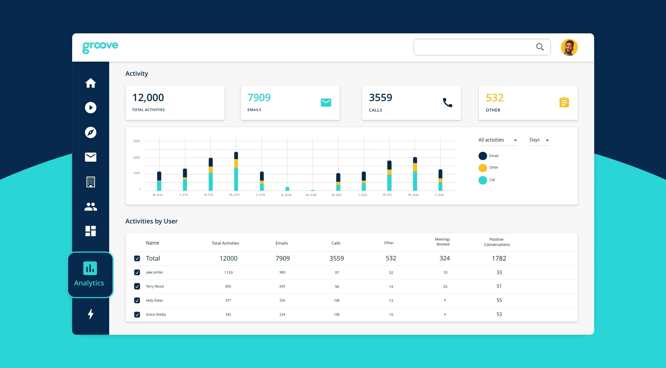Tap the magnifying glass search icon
(539, 47)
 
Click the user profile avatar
(569, 47)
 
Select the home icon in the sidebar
(90, 83)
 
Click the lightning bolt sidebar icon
(90, 314)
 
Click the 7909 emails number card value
(259, 98)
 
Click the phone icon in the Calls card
(447, 102)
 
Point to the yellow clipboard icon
(564, 102)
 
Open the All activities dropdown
(497, 140)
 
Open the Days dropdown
(539, 140)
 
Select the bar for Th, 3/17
(236, 171)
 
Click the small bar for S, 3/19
(287, 189)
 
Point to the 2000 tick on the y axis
(136, 158)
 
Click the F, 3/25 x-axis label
(439, 195)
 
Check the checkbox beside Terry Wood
(137, 286)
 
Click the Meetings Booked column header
(443, 242)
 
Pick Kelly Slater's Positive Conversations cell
(499, 300)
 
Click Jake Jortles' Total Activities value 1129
(228, 272)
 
